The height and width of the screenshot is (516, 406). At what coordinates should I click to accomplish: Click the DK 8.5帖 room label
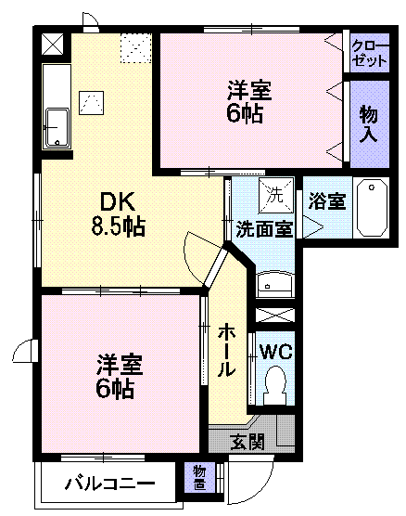coord(118,213)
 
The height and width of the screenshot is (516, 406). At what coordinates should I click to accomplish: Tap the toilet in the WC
coord(274,385)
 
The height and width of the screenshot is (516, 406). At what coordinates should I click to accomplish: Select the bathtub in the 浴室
coord(372,208)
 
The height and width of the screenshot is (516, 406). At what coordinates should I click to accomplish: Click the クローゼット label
coord(369,54)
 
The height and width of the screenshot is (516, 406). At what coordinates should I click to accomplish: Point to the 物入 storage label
coord(369,123)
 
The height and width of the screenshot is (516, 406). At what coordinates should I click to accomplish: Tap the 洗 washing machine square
coord(275,195)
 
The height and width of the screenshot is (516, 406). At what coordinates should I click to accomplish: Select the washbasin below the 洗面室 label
coord(274,284)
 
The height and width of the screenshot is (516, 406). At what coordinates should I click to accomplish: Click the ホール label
coord(226,350)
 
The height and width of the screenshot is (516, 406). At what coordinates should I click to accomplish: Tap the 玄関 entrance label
coord(247,442)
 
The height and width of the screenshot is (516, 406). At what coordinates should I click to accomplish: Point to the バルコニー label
coord(109,484)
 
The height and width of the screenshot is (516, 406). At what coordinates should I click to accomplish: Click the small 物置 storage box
coord(199,478)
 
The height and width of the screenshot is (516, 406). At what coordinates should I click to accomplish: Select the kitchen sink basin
coord(57,127)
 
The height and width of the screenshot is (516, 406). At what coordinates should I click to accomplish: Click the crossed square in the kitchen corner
coord(53,45)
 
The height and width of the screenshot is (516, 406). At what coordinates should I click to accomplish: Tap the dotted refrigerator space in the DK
coord(136,48)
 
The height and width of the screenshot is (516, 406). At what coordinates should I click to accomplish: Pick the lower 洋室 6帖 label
coord(119,376)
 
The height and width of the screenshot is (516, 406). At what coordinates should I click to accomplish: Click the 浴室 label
coord(327,200)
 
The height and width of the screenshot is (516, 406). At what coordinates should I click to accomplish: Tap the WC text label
coord(276,352)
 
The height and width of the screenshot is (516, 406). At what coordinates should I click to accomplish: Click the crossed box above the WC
coord(274,315)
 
